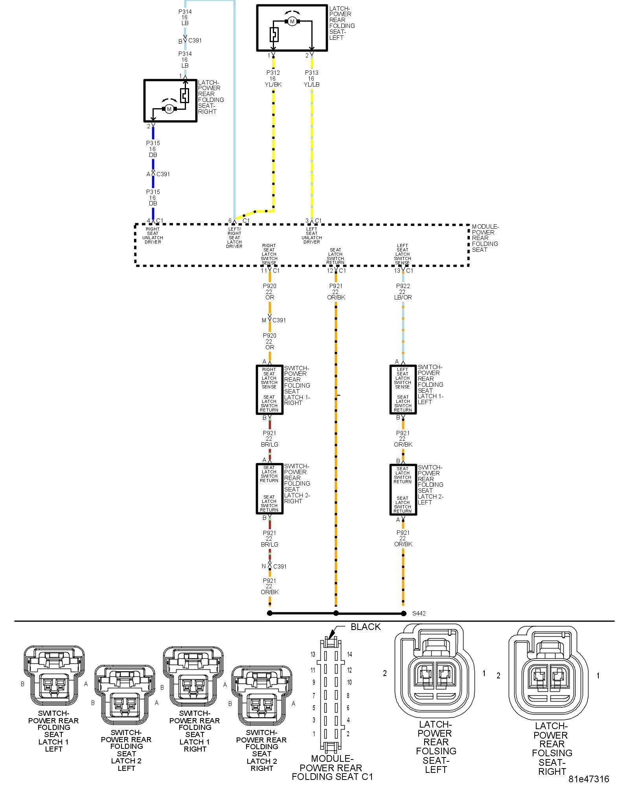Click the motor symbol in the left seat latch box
tap(292, 21)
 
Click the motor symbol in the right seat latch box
tap(169, 109)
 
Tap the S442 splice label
tap(419, 613)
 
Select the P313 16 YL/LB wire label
tap(311, 78)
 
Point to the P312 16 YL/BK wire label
tap(273, 78)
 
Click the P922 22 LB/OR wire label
tap(403, 292)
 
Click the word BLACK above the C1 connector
tap(366, 627)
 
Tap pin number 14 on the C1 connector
tap(349, 654)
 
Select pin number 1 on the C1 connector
tap(314, 733)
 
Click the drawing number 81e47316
tap(589, 779)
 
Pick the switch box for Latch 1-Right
tap(269, 390)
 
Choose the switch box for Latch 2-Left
tap(403, 490)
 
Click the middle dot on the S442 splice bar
tap(336, 613)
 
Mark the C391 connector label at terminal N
tap(280, 566)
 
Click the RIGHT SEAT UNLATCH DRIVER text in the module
tap(153, 235)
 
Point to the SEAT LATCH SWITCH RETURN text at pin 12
tap(335, 256)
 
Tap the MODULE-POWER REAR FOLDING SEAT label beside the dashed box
tap(485, 238)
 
